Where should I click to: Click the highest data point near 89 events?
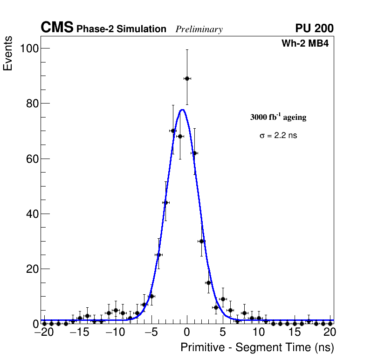pyautogui.click(x=187, y=78)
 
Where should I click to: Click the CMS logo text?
pyautogui.click(x=57, y=28)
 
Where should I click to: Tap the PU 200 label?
pyautogui.click(x=314, y=28)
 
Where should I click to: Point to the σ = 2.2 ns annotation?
pyautogui.click(x=278, y=136)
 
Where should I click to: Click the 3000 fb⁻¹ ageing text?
pyautogui.click(x=278, y=118)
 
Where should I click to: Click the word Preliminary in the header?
pyautogui.click(x=199, y=29)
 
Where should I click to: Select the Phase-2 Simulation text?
pyautogui.click(x=121, y=29)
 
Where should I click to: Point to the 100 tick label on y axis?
pyautogui.click(x=28, y=48)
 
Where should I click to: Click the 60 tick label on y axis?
pyautogui.click(x=32, y=159)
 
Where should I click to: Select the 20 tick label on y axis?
pyautogui.click(x=32, y=269)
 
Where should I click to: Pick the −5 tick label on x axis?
pyautogui.click(x=151, y=332)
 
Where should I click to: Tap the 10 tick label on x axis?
pyautogui.click(x=258, y=332)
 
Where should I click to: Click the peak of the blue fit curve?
pyautogui.click(x=183, y=110)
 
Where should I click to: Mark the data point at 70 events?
pyautogui.click(x=173, y=131)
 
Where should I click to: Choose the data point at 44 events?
pyautogui.click(x=165, y=202)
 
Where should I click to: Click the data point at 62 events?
pyautogui.click(x=194, y=153)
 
